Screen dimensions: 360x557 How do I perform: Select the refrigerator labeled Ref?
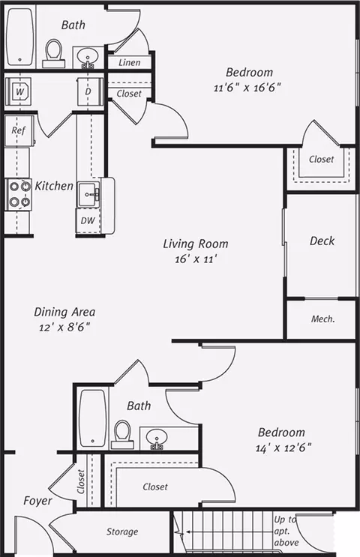coord(19,130)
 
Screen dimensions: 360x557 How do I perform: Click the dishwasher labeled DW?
coord(88,220)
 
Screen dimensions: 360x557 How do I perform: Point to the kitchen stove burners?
coord(19,194)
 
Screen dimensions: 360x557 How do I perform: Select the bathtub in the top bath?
coord(20,37)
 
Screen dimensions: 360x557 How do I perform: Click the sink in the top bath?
coord(88,57)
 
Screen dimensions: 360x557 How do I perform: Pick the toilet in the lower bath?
coord(122,435)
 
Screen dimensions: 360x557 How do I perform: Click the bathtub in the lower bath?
coord(92,418)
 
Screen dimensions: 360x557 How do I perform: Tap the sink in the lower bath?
coord(156,438)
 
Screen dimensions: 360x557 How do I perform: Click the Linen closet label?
coord(129,62)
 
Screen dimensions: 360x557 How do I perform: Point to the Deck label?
coord(322,241)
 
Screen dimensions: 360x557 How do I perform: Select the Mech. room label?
coord(323,319)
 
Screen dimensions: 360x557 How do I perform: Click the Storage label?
coord(122,532)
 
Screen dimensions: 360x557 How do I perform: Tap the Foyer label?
coord(37,501)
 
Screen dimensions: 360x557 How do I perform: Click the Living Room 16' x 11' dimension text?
coord(196,259)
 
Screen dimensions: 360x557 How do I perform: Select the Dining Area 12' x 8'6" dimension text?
coord(64,327)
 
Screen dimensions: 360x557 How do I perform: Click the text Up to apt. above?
coord(286,531)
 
